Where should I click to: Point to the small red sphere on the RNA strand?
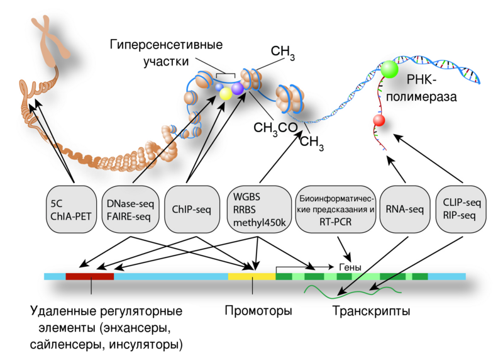[379, 120]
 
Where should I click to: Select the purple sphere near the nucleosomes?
[237, 89]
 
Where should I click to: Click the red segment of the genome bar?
[90, 276]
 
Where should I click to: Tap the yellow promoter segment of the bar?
[251, 276]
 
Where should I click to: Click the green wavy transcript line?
[352, 290]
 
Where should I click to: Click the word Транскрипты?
[371, 312]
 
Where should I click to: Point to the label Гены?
[350, 267]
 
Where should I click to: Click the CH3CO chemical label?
[275, 128]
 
